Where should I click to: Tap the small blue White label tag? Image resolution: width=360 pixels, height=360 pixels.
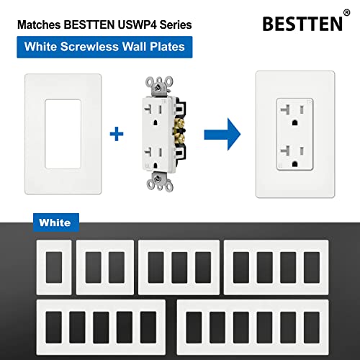tap(55, 222)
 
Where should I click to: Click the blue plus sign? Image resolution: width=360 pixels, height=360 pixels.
tap(112, 135)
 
